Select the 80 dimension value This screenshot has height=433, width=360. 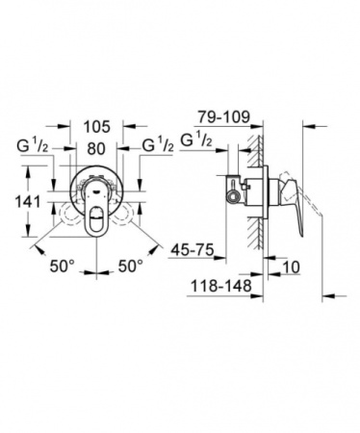click(x=96, y=148)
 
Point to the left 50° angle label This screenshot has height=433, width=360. click(x=62, y=262)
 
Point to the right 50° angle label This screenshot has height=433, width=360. click(x=130, y=262)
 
